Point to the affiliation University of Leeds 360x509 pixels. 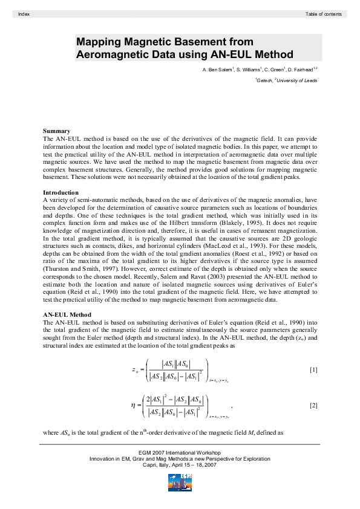(x=297, y=80)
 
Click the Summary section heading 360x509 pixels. (x=56, y=131)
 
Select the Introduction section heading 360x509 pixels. (x=63, y=192)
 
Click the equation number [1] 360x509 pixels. (x=313, y=369)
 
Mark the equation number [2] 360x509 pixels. (x=313, y=404)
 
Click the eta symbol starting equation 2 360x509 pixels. (x=133, y=404)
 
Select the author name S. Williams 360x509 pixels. (x=249, y=71)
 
